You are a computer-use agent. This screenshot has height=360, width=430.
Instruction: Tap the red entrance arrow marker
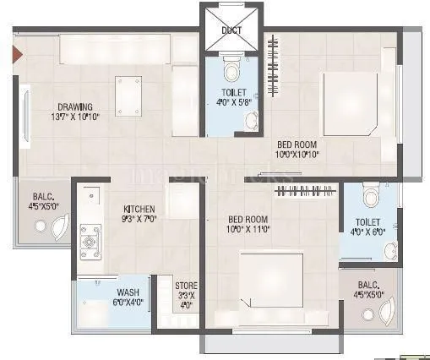point(15,57)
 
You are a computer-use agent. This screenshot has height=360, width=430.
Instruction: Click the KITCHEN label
point(139,209)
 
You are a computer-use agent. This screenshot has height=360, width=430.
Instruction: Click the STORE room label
point(186,286)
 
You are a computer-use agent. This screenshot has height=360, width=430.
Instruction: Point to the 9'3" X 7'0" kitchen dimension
point(139,219)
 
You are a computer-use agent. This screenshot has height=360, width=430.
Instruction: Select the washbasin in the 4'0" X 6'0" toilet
point(389,249)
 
